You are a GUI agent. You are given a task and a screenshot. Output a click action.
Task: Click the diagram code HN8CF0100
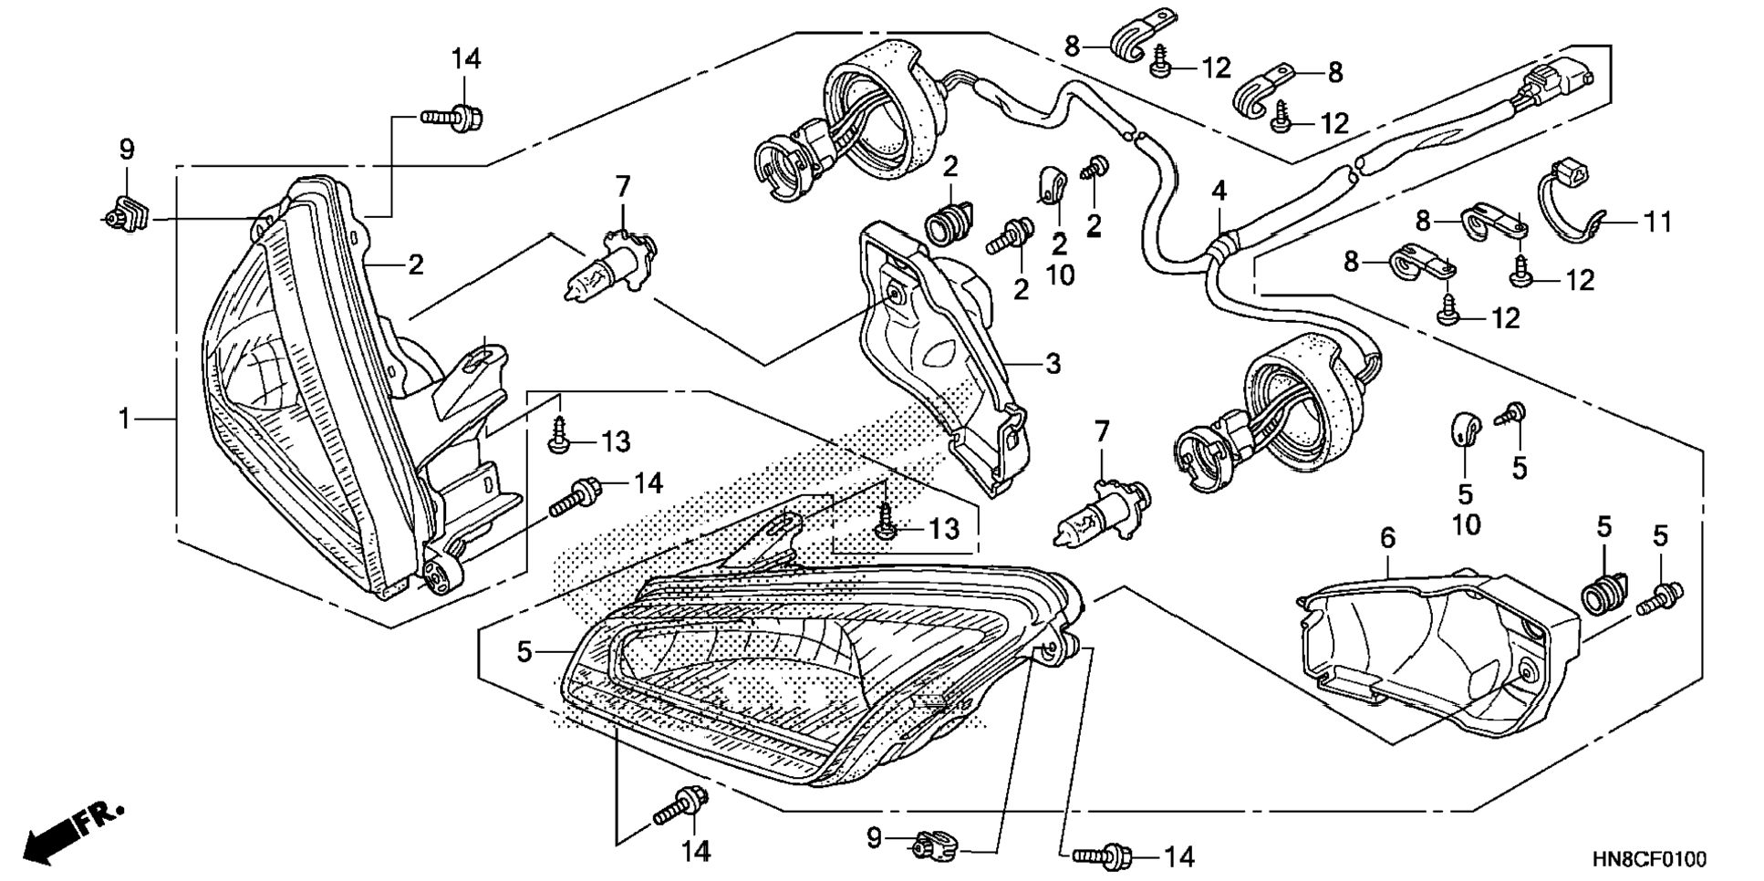point(1649,860)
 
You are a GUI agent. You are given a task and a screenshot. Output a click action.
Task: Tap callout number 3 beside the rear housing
point(1053,364)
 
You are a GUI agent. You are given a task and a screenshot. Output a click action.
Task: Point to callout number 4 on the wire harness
point(1219,192)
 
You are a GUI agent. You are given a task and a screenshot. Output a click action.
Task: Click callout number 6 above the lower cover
point(1387,538)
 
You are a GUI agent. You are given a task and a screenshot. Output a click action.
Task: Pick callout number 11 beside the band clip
point(1658,222)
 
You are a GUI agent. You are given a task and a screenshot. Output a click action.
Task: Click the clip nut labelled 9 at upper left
point(127,214)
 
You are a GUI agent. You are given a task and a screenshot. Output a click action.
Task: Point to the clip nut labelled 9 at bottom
point(933,845)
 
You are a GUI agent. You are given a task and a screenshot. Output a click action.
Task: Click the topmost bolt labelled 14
point(453,117)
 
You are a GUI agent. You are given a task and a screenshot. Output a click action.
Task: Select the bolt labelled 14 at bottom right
point(1103,855)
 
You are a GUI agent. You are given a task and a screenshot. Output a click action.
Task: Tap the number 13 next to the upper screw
point(617,442)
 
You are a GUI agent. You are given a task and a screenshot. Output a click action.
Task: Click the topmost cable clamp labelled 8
point(1139,34)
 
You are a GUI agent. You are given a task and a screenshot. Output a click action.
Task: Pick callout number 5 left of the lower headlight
point(524,652)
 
